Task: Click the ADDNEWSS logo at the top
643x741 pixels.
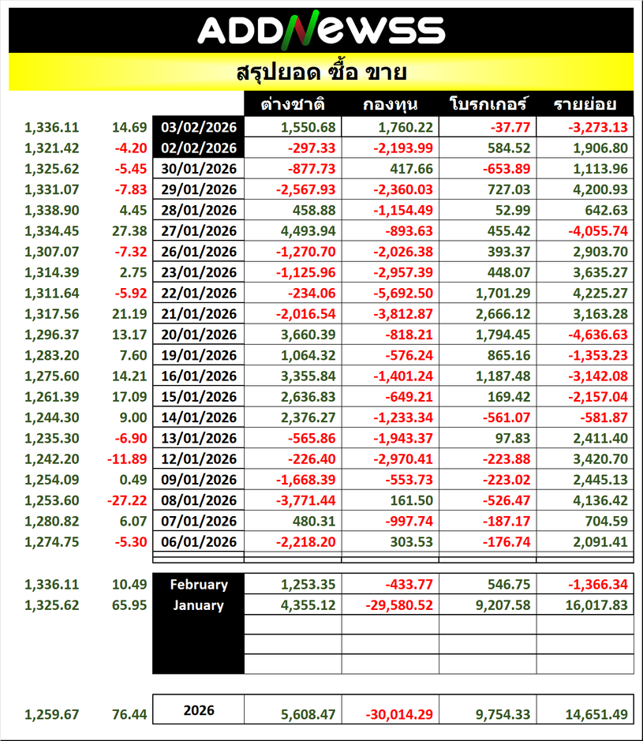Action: point(321,30)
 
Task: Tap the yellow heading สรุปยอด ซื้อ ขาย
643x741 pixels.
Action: point(321,73)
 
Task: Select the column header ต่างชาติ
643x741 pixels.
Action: point(294,104)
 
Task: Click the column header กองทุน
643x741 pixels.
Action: point(391,104)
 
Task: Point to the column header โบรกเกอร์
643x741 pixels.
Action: point(488,104)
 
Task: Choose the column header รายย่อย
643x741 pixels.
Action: point(585,104)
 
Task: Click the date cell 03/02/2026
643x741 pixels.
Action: point(199,127)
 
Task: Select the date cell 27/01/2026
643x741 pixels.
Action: point(199,230)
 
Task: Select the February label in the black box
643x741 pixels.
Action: point(199,585)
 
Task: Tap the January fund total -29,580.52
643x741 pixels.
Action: point(391,605)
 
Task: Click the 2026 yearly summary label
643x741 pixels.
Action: point(199,710)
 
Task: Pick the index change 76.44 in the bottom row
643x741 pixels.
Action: point(129,714)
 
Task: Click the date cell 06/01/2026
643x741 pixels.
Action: point(199,541)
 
